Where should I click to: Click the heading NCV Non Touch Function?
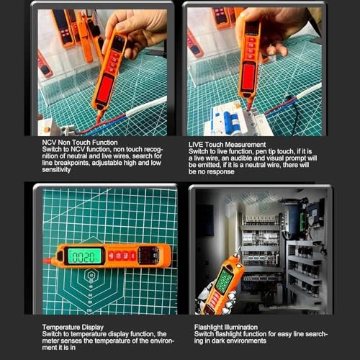81,143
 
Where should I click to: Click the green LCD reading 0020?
84,256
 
